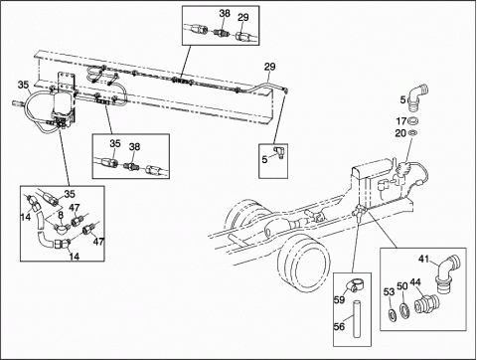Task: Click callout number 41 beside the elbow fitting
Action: [424, 259]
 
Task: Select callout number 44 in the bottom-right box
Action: [415, 282]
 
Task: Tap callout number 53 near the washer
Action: [390, 291]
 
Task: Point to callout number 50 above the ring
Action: [402, 286]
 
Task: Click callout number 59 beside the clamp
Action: [339, 299]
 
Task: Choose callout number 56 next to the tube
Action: [339, 327]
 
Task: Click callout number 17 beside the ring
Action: [401, 121]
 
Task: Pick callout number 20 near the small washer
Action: [400, 133]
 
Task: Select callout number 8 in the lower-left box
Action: [61, 216]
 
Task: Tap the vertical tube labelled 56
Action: [357, 319]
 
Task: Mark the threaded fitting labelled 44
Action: [427, 304]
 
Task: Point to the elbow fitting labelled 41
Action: [448, 273]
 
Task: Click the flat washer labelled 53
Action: [392, 313]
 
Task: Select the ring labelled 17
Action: [412, 120]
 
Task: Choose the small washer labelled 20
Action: [413, 133]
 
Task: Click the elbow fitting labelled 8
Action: [62, 228]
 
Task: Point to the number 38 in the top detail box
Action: [225, 13]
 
